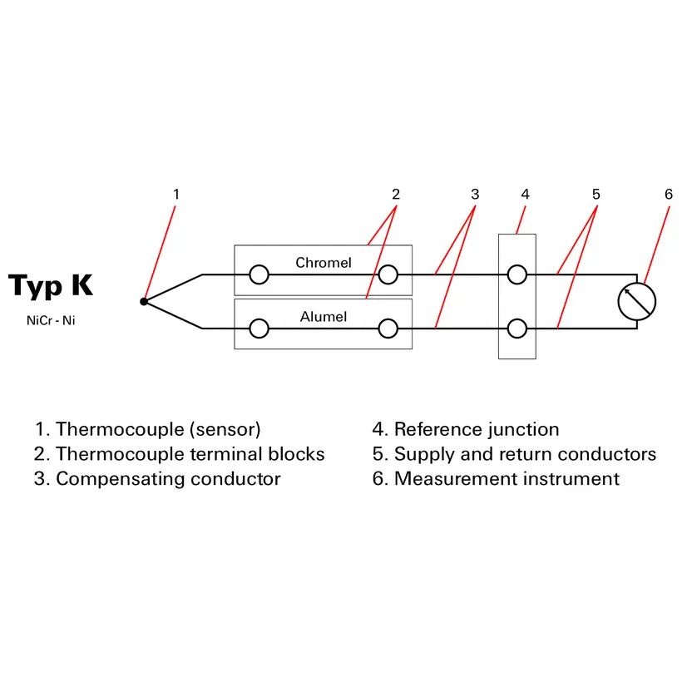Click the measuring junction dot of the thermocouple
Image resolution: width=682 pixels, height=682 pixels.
tap(144, 301)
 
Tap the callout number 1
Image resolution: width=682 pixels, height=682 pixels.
tap(175, 194)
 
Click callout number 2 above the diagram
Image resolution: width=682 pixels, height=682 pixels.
tap(396, 194)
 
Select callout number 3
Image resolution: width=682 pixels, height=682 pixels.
tap(475, 194)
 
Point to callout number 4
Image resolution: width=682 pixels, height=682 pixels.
tap(525, 194)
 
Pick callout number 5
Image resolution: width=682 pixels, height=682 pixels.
tap(596, 194)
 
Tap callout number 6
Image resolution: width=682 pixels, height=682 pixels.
tap(669, 194)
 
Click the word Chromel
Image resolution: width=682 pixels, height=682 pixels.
tap(324, 263)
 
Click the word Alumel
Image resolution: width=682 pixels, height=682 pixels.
tap(324, 316)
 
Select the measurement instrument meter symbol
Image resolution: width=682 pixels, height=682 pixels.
tap(637, 301)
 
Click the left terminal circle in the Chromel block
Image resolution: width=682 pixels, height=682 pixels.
tap(259, 274)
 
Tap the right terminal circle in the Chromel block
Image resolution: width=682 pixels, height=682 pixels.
tap(388, 274)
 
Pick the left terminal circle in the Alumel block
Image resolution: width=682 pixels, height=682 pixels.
tap(259, 329)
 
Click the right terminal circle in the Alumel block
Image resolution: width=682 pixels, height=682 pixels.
tap(388, 329)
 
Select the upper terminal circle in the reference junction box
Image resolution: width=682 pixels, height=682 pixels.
tap(516, 274)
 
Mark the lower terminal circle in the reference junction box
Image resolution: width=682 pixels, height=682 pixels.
tap(516, 329)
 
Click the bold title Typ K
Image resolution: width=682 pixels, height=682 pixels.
tap(51, 285)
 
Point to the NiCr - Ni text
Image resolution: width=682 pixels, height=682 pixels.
tap(51, 320)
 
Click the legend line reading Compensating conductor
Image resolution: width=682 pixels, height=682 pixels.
tap(158, 478)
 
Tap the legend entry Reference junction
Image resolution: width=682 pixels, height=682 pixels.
tap(466, 429)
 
